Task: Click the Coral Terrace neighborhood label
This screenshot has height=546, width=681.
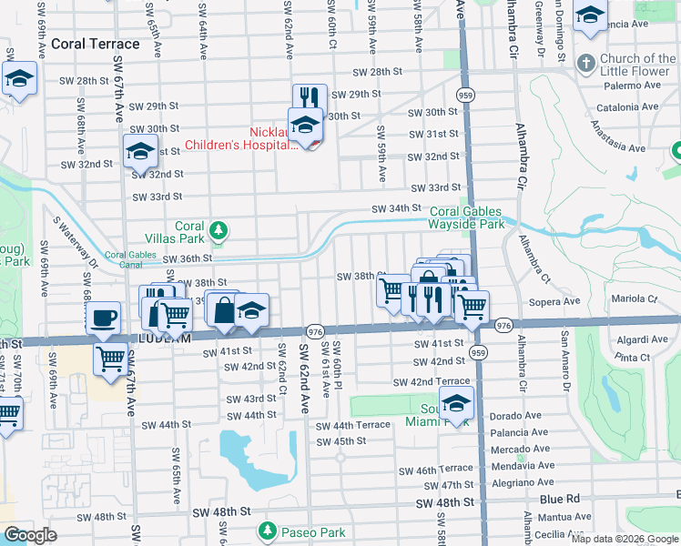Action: (x=96, y=44)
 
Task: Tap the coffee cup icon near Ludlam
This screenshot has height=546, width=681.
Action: (x=102, y=318)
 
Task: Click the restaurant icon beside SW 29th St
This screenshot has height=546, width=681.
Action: (x=310, y=98)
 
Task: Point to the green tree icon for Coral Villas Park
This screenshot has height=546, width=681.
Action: (x=218, y=231)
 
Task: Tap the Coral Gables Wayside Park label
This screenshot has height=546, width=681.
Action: (x=467, y=217)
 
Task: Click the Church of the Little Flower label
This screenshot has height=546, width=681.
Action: (x=631, y=66)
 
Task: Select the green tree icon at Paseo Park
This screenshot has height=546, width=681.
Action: (x=267, y=531)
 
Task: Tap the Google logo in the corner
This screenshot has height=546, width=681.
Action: (x=30, y=535)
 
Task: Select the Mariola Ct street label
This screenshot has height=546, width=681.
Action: (x=634, y=298)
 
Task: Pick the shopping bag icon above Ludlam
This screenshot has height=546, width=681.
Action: (x=223, y=310)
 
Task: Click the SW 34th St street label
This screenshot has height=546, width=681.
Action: (x=393, y=209)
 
